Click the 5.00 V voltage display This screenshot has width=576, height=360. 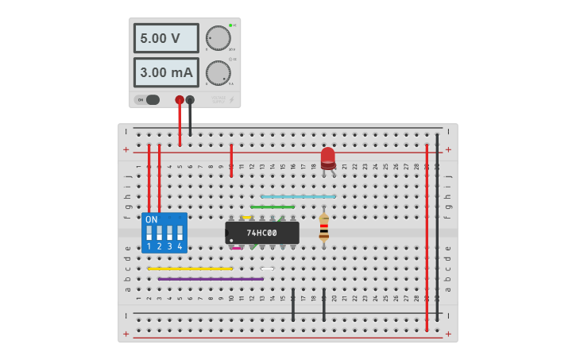pos(165,38)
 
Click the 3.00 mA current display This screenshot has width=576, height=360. pos(165,72)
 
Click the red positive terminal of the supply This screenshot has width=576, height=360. pos(180,100)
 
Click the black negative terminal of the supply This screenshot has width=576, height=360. pos(190,100)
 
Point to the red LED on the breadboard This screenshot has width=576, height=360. pos(328,157)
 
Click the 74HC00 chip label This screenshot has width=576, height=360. pos(261,233)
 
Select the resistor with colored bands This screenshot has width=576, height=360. pos(323,227)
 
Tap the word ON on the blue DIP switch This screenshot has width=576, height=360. pos(151,219)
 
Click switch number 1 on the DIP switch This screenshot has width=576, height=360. pos(149,234)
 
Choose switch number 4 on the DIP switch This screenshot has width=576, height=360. pos(180,234)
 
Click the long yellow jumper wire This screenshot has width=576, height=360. pos(190,269)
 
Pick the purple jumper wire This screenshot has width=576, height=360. pos(211,279)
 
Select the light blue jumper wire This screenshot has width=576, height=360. pos(298,196)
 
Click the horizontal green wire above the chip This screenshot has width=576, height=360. pos(273,207)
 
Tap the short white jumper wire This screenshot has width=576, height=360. pos(267,269)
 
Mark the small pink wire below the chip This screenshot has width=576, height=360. pos(237,248)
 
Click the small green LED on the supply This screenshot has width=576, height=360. pos(230,25)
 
